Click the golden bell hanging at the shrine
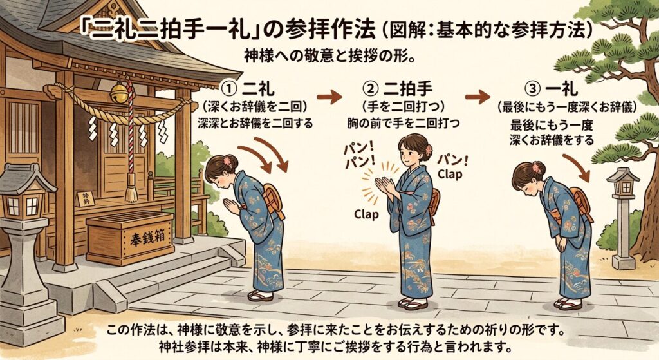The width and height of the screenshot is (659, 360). tap(119, 93)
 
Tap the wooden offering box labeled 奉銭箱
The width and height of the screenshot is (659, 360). tap(130, 238)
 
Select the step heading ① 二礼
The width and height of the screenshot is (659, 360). tap(248, 89)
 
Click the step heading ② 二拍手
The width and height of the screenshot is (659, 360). tap(396, 89)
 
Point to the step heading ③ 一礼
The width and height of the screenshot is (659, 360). tap(552, 89)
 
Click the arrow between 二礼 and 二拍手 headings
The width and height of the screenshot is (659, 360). tap(329, 97)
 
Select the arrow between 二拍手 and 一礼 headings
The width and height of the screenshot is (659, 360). tap(478, 97)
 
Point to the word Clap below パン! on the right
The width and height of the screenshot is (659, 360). tap(450, 174)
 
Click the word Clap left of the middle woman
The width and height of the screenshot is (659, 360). tap(366, 214)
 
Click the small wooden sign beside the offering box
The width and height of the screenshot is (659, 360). tap(86, 198)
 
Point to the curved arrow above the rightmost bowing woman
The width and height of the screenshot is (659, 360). tap(577, 167)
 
